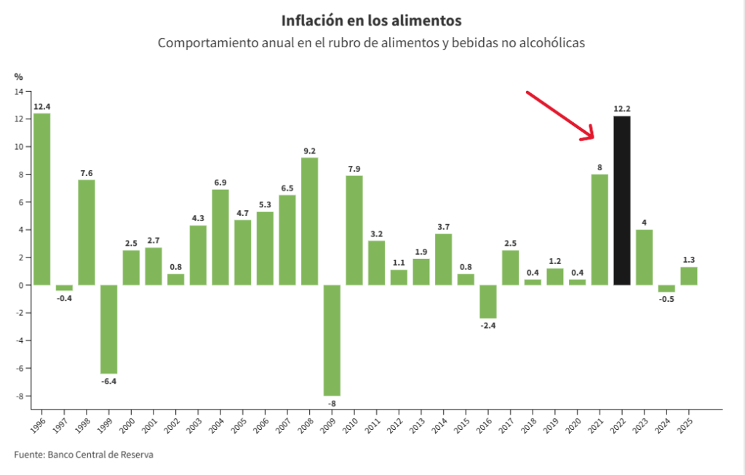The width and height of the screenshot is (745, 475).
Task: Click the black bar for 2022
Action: [x=621, y=200]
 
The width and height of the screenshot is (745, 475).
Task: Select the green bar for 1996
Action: [x=42, y=199]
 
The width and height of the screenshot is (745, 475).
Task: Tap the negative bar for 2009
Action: [x=332, y=340]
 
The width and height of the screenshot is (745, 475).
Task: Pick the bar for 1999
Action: [x=109, y=329]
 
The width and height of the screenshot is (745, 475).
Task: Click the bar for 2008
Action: [x=309, y=221]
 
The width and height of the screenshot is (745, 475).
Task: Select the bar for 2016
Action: [x=487, y=301]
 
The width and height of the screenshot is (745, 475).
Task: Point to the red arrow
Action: [x=560, y=116]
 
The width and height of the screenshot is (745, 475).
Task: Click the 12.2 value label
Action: [x=621, y=109]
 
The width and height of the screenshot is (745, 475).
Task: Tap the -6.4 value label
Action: [x=109, y=380]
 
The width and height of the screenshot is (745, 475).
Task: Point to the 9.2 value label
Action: [x=309, y=151]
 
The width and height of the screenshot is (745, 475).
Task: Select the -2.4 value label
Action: [x=487, y=325]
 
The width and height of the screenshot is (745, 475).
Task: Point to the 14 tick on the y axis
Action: [x=19, y=91]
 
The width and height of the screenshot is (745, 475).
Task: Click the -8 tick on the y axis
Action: [x=19, y=396]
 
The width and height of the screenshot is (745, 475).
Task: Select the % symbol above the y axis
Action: [x=19, y=76]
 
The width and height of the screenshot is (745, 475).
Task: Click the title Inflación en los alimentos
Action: [x=371, y=20]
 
